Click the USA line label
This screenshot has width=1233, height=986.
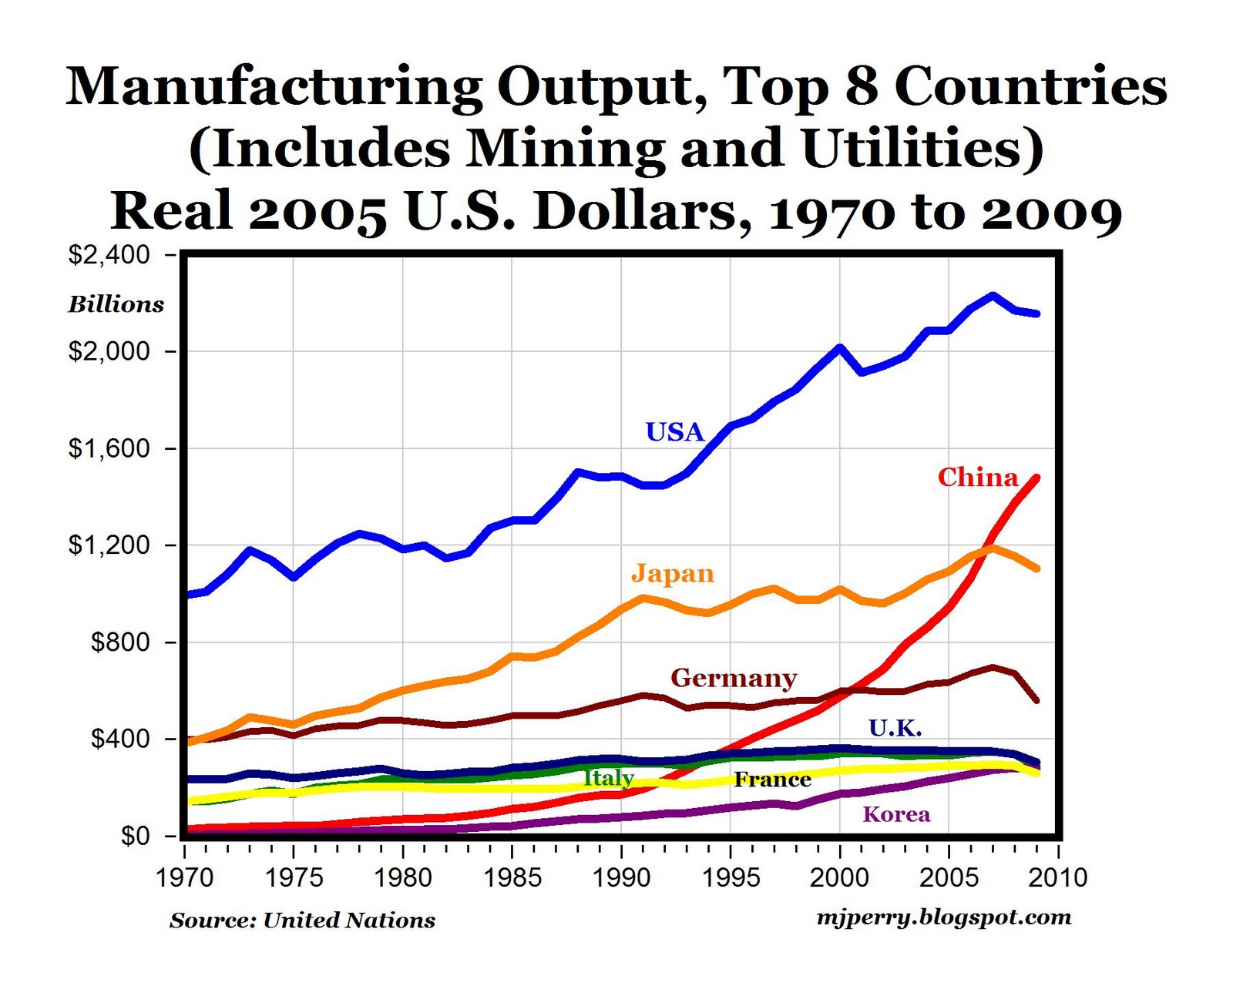(x=674, y=432)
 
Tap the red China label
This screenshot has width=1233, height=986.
(x=977, y=478)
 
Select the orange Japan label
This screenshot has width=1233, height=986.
(x=673, y=574)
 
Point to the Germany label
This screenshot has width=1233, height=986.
(x=734, y=678)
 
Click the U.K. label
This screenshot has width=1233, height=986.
(x=895, y=728)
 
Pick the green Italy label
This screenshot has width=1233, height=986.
(x=608, y=778)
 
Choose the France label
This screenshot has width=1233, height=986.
(x=772, y=780)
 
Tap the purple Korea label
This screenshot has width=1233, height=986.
(x=896, y=815)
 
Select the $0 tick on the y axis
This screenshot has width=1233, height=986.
(x=136, y=836)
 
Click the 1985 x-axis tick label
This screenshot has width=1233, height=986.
(x=512, y=877)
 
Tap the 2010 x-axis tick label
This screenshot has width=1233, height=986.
(x=1058, y=877)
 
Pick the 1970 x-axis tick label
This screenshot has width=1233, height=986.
(x=185, y=877)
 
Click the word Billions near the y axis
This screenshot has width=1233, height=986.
(x=116, y=304)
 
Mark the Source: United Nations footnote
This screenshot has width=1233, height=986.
(x=302, y=921)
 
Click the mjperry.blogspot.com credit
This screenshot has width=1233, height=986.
(x=943, y=917)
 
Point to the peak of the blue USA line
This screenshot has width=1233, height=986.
(x=993, y=295)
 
